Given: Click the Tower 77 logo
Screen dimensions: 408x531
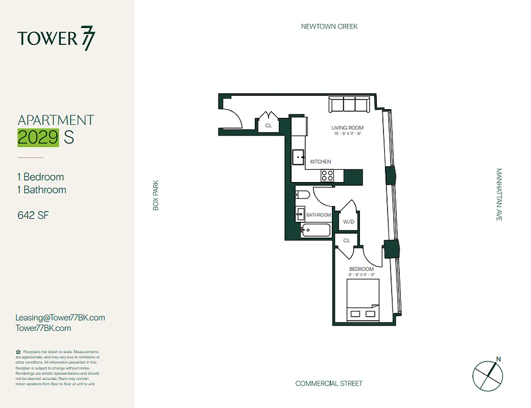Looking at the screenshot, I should coord(56,39).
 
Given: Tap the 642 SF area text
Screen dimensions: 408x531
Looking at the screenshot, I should coord(33,215).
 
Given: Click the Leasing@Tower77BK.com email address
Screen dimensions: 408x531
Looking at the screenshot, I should coord(60,317).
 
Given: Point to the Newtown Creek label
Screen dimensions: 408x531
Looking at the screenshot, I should coord(329,27).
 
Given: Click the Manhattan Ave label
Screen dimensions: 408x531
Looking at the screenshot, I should coord(499,194).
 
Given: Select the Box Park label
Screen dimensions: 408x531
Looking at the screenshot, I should coord(156,195).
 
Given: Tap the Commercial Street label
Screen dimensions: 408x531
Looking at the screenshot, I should coord(329,384).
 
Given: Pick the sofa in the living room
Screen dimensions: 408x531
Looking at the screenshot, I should coord(349,105).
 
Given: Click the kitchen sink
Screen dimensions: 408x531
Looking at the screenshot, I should coord(298,158).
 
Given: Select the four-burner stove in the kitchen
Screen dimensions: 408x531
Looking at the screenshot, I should coord(327,176).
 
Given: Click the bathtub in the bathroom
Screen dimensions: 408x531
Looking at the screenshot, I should coord(317,231).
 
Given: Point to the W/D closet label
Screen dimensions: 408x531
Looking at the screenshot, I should coord(348,222).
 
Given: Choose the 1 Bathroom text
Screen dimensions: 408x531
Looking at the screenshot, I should coord(42,190).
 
